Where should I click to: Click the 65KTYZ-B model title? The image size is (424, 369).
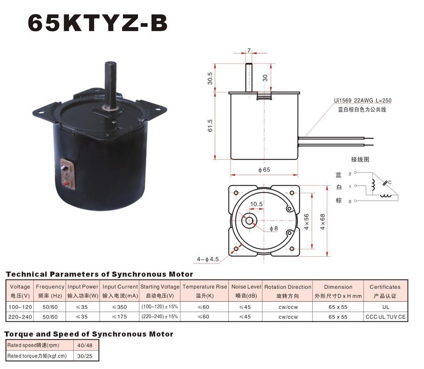coord(98,23)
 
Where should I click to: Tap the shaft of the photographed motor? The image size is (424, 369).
coord(111,84)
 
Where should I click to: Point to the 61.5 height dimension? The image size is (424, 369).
coord(210,125)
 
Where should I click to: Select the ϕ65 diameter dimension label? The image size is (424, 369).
coord(264,169)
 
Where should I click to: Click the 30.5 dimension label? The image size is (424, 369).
coord(210,78)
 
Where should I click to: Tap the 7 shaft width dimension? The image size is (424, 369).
coord(249,50)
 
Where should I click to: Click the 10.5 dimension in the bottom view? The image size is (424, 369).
coord(256,204)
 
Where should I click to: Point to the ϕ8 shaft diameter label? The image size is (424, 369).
coord(273,228)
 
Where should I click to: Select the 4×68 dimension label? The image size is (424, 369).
coord(323,222)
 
